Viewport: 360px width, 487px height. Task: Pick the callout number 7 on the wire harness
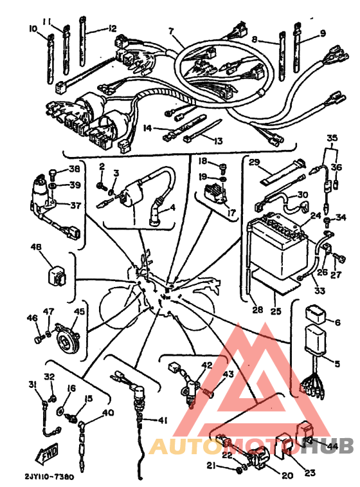(171, 31)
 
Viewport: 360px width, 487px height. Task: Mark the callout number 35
(332, 138)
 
